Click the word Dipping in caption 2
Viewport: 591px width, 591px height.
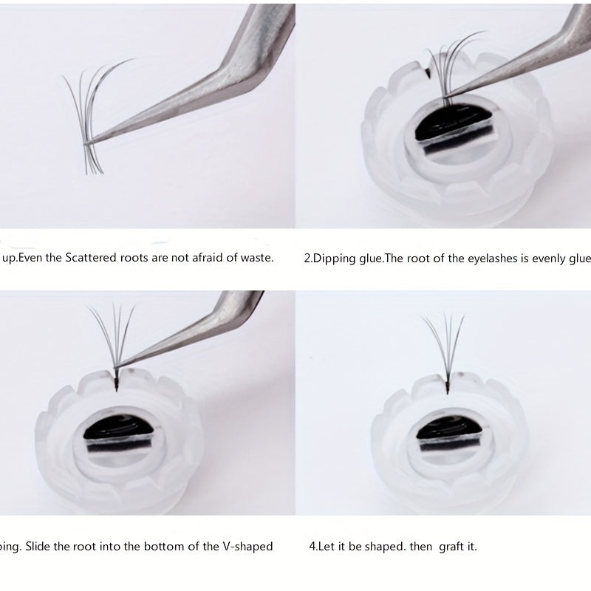tap(334, 259)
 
